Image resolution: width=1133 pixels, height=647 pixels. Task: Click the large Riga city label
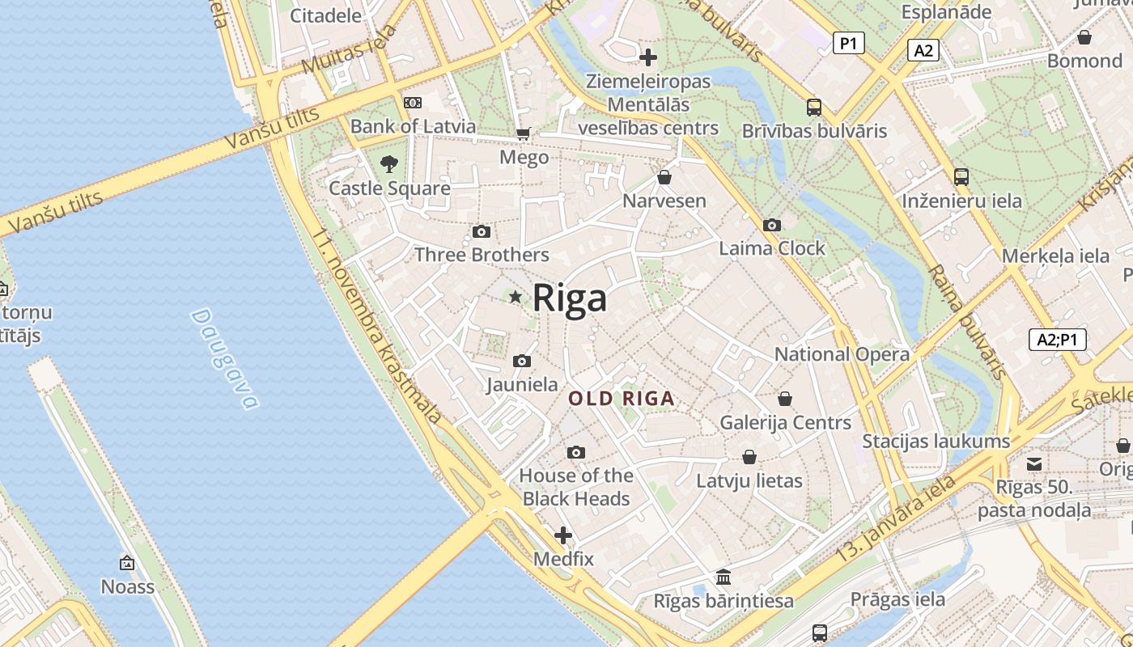[x=569, y=298]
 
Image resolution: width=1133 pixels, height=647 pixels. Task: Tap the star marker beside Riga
[x=516, y=297]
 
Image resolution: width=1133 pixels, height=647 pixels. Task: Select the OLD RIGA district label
[x=621, y=398]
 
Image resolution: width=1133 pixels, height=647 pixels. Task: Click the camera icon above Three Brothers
[x=482, y=232]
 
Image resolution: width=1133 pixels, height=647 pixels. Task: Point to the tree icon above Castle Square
[x=389, y=164]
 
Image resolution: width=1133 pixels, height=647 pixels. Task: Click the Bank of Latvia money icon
[x=413, y=103]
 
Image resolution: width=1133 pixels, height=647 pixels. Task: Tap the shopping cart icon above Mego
[x=524, y=133]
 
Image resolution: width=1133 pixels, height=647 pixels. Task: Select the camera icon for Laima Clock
[x=772, y=225]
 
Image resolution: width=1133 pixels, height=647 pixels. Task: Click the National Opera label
[x=842, y=354]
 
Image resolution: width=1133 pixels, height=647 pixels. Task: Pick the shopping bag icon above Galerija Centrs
[x=785, y=399]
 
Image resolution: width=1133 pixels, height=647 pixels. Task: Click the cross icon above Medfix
[x=563, y=535]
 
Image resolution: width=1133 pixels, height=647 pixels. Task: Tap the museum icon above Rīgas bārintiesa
[x=724, y=577]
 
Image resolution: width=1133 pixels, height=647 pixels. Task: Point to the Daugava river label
[x=225, y=359]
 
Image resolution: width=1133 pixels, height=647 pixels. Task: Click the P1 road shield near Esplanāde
[x=848, y=43]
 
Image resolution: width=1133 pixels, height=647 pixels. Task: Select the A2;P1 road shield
[x=1057, y=340]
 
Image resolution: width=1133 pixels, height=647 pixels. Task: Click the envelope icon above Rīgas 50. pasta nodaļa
[x=1034, y=463]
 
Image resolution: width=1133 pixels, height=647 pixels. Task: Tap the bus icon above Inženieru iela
[x=961, y=176]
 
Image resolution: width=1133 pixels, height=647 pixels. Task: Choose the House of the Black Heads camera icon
[x=576, y=452]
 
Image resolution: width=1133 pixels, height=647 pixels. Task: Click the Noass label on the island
[x=127, y=586]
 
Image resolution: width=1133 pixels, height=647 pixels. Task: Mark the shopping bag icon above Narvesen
[x=664, y=177]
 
